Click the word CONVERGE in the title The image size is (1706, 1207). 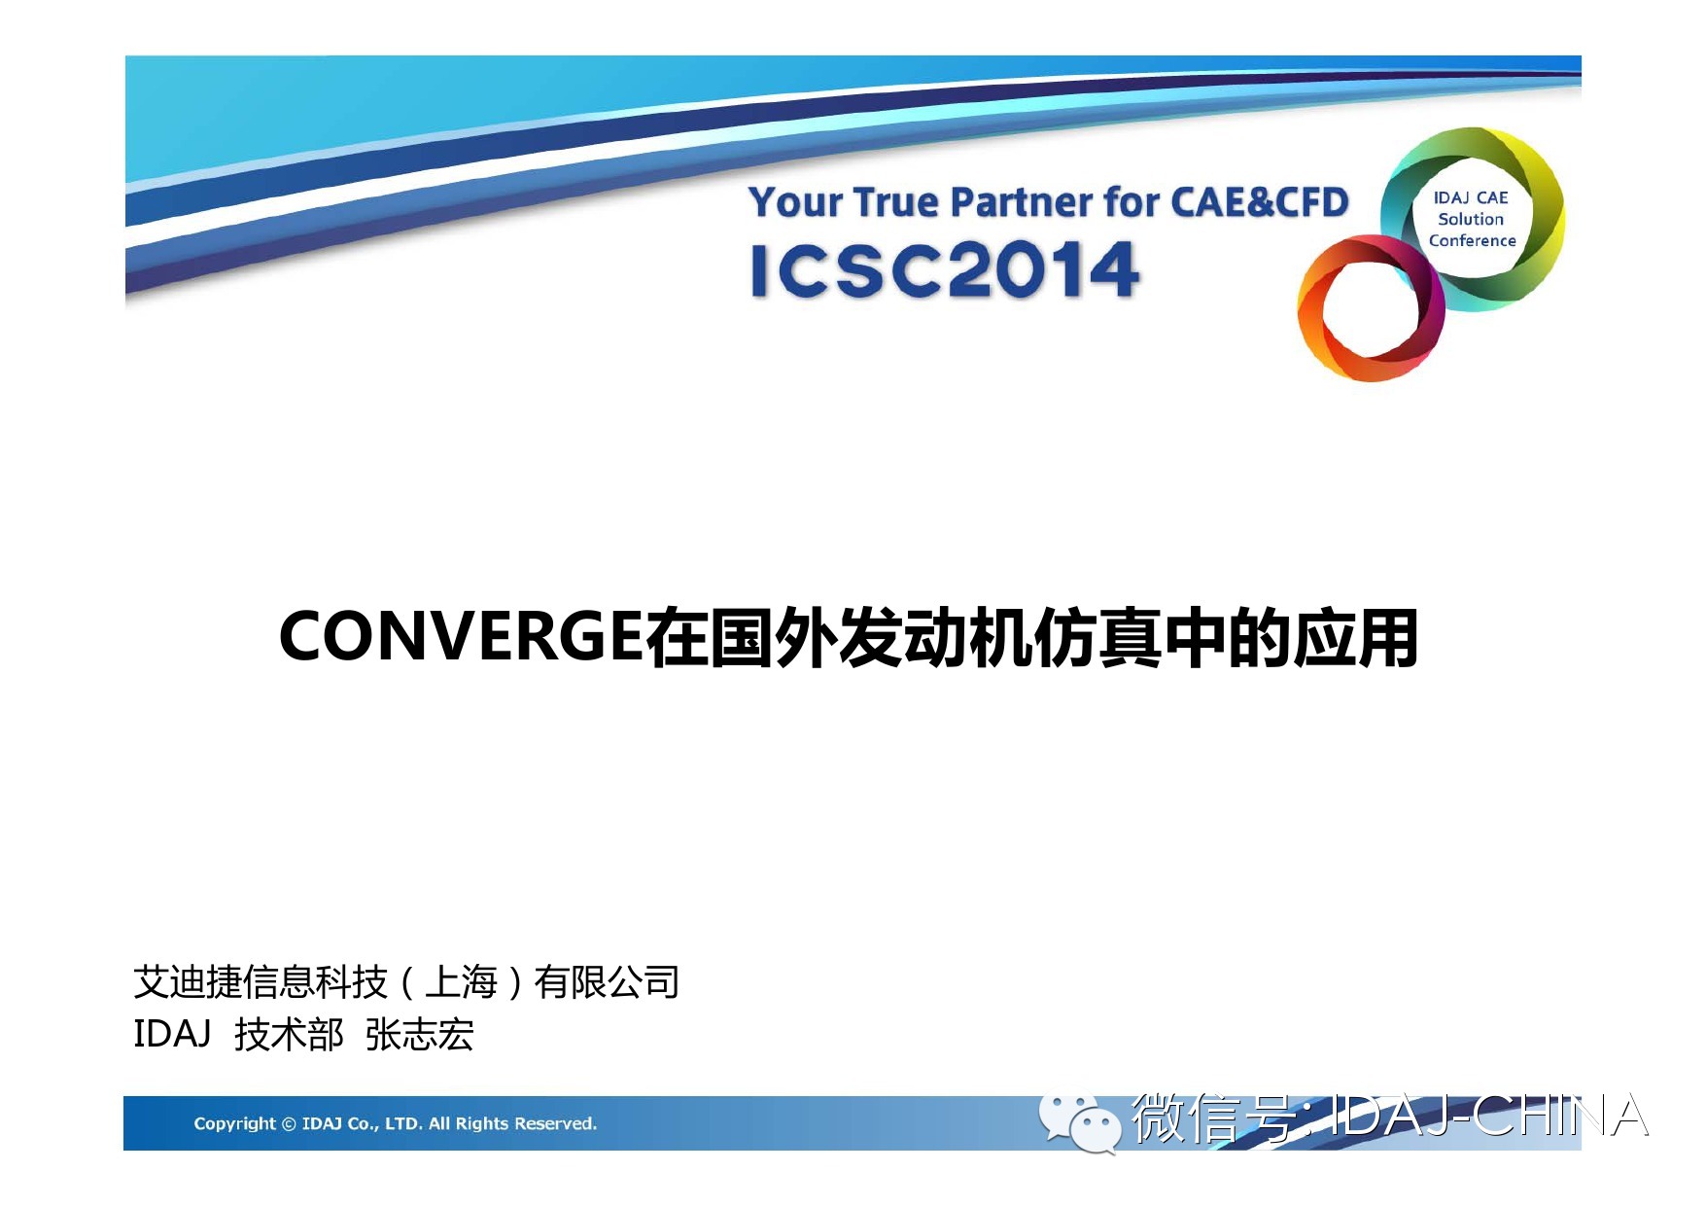tap(461, 637)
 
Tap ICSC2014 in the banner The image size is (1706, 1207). tap(945, 270)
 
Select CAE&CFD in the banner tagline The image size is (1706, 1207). tap(1260, 201)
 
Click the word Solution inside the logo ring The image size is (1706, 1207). tap(1471, 220)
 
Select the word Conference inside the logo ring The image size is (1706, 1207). tap(1472, 240)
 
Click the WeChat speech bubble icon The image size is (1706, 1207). tap(1079, 1122)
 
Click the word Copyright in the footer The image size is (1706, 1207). tap(234, 1124)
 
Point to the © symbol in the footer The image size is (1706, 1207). tap(289, 1124)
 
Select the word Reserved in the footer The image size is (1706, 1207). tap(555, 1123)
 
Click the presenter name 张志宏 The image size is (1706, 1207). tap(420, 1035)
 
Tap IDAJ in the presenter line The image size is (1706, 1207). tap(172, 1034)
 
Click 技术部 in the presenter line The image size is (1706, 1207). tap(289, 1035)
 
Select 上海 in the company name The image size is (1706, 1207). tap(462, 982)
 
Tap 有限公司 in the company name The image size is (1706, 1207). tap(607, 982)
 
